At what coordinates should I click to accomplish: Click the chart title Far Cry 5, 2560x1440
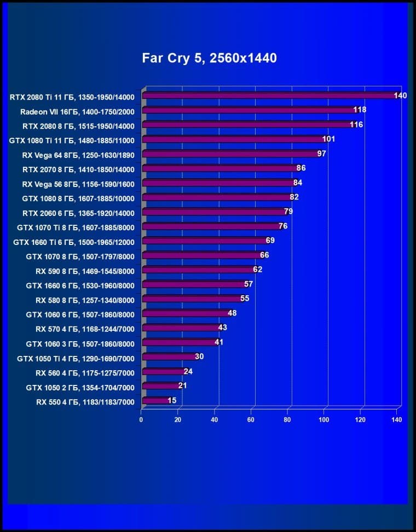pyautogui.click(x=209, y=57)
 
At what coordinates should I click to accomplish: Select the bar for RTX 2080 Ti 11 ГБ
pyautogui.click(x=268, y=96)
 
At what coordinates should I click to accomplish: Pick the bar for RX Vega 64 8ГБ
pyautogui.click(x=230, y=154)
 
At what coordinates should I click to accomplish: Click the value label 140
pyautogui.click(x=400, y=96)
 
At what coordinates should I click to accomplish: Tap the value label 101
pyautogui.click(x=328, y=139)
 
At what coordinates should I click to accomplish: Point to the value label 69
pyautogui.click(x=270, y=241)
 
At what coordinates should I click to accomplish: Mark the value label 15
pyautogui.click(x=172, y=401)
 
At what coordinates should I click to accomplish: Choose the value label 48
pyautogui.click(x=232, y=313)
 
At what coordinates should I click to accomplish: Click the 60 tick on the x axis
pyautogui.click(x=251, y=420)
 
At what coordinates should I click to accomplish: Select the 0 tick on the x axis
pyautogui.click(x=141, y=420)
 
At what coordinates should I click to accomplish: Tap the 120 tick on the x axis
pyautogui.click(x=360, y=420)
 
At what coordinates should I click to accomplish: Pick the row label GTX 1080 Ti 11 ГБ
pyautogui.click(x=72, y=139)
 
